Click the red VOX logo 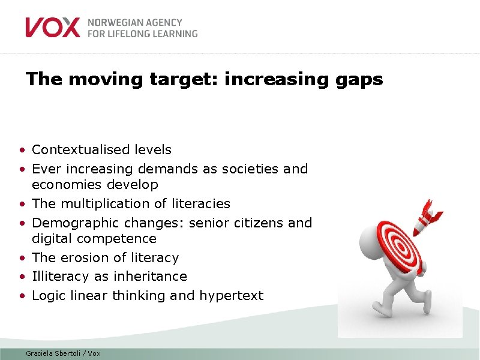pos(52,28)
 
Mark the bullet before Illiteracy pos(22,277)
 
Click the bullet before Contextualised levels pos(22,150)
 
